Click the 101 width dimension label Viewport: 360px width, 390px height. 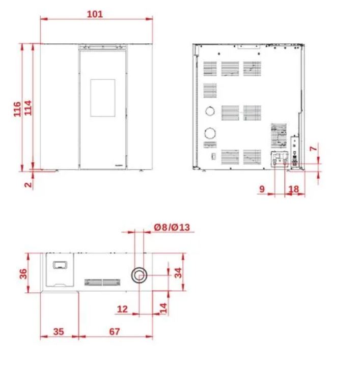point(95,14)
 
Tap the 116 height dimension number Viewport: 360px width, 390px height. point(17,109)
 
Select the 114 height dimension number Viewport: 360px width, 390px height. point(28,108)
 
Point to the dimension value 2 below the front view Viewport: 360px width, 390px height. point(29,184)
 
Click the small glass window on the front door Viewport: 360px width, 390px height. point(103,98)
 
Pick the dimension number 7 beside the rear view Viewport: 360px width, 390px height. point(314,149)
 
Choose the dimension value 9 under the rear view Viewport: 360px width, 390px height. point(262,189)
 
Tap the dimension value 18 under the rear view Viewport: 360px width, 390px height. point(294,189)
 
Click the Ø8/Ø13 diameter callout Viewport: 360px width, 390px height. point(172,227)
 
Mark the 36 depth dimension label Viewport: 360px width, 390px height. point(23,273)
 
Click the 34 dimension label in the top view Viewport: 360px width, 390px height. point(178,272)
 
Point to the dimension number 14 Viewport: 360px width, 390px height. point(163,309)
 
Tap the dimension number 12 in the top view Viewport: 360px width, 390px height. point(122,309)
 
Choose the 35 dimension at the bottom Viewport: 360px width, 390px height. point(59,331)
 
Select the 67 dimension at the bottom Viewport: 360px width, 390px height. point(115,331)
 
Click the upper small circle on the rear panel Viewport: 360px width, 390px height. point(210,111)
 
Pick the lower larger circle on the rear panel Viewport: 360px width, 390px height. point(210,133)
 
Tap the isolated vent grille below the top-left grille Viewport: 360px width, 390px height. point(210,91)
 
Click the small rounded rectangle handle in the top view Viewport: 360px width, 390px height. point(60,265)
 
